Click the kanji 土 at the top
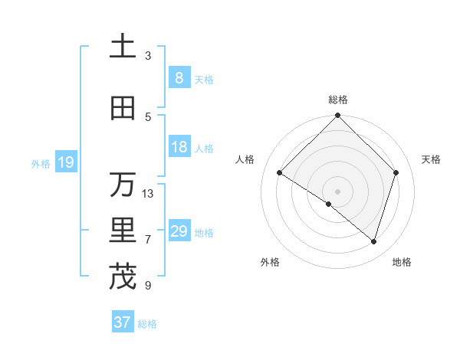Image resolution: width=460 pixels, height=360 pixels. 123,47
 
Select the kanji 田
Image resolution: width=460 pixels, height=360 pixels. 123,109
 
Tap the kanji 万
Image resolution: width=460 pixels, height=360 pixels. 123,185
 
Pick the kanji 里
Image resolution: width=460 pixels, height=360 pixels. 123,231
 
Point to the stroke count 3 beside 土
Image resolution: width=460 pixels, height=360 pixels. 148,55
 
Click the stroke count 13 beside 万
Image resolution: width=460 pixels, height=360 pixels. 148,193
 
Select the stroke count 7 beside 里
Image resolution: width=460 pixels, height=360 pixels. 148,240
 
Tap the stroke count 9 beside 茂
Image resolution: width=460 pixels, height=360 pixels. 148,286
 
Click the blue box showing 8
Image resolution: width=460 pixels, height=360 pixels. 179,78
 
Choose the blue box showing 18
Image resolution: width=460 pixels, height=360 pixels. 179,147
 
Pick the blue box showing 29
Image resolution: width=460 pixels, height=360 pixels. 179,231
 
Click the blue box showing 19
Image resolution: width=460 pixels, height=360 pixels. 65,162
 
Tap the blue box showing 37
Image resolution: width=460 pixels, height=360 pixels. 122,322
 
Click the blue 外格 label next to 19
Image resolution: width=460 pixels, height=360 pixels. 41,163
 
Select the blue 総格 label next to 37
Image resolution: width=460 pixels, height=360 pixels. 147,324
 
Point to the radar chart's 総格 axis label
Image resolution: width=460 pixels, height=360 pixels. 337,100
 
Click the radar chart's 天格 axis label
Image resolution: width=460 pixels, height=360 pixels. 431,159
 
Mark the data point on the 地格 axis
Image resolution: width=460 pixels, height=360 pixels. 373,241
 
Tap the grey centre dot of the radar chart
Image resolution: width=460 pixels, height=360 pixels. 337,191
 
